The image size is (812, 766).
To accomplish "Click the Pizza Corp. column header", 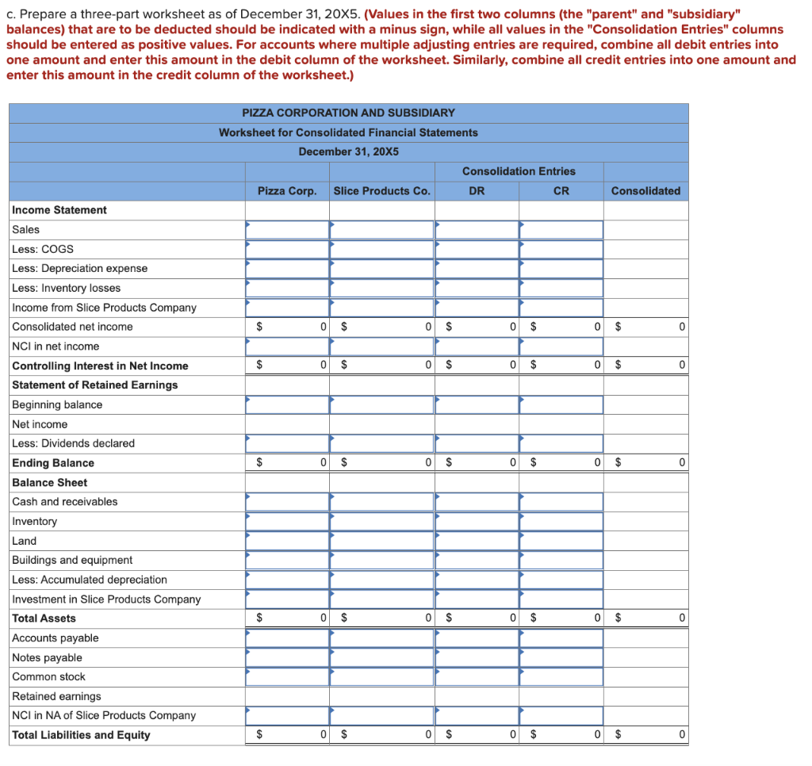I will tap(287, 191).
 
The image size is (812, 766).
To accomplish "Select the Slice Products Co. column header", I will tap(381, 191).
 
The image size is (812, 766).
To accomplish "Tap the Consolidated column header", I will tap(645, 191).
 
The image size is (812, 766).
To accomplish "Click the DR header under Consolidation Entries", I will tap(477, 191).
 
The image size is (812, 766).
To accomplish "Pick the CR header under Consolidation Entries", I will tap(561, 191).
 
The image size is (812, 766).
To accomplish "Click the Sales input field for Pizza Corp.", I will tap(287, 230).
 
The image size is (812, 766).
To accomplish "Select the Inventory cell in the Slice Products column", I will tap(381, 522).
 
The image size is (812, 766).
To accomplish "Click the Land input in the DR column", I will tap(477, 541).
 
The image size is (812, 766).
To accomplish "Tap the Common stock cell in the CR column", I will tap(561, 677).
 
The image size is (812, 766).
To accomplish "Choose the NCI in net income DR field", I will tap(477, 347).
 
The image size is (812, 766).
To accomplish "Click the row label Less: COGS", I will tap(43, 249).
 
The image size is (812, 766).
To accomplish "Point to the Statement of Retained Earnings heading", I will tap(94, 385).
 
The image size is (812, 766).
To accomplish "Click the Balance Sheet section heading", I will tap(50, 483).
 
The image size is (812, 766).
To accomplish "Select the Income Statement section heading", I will tap(59, 210).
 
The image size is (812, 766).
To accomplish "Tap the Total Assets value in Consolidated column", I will tap(645, 619).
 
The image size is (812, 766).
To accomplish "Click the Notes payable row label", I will tap(47, 658).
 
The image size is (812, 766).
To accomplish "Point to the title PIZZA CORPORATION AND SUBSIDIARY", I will tap(348, 113).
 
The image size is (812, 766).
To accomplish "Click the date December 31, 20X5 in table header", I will tap(348, 152).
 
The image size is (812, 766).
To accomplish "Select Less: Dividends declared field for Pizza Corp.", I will tap(287, 443).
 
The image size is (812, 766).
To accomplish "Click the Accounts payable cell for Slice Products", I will tap(381, 638).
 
